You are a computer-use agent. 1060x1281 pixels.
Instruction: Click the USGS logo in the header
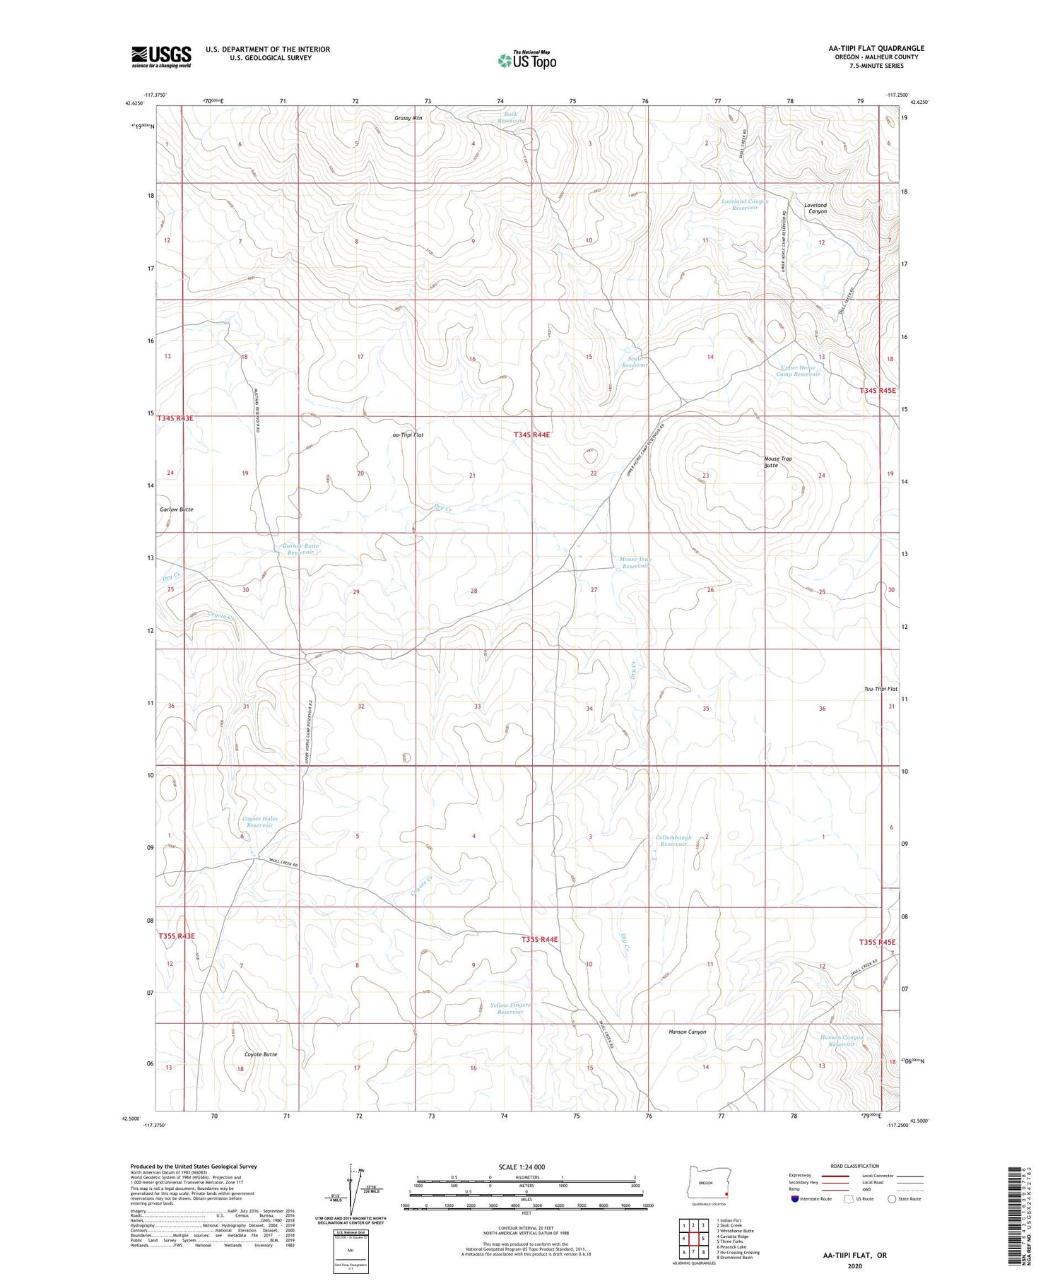(x=161, y=57)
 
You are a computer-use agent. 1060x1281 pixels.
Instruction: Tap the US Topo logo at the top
(x=526, y=61)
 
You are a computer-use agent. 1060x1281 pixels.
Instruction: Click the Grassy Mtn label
(x=408, y=118)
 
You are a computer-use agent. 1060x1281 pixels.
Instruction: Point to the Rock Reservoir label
(x=510, y=117)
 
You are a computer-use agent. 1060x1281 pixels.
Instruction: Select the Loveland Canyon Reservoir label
(x=744, y=205)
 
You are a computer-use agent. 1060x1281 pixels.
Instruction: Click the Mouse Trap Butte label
(x=777, y=462)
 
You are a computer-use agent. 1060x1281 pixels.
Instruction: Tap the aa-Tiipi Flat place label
(x=407, y=435)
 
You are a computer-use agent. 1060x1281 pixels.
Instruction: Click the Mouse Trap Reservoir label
(x=635, y=562)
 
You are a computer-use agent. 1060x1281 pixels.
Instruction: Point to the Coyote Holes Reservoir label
(x=259, y=822)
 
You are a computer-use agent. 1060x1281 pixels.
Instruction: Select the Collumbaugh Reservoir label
(x=673, y=840)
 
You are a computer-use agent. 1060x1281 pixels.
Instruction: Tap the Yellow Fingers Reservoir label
(x=510, y=1008)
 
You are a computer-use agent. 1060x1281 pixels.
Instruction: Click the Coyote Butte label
(x=260, y=1054)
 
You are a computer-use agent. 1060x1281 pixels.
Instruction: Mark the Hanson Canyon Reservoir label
(x=841, y=1041)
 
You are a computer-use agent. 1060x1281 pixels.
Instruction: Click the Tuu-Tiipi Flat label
(x=880, y=689)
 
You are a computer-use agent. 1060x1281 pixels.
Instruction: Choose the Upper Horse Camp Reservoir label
(x=798, y=371)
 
